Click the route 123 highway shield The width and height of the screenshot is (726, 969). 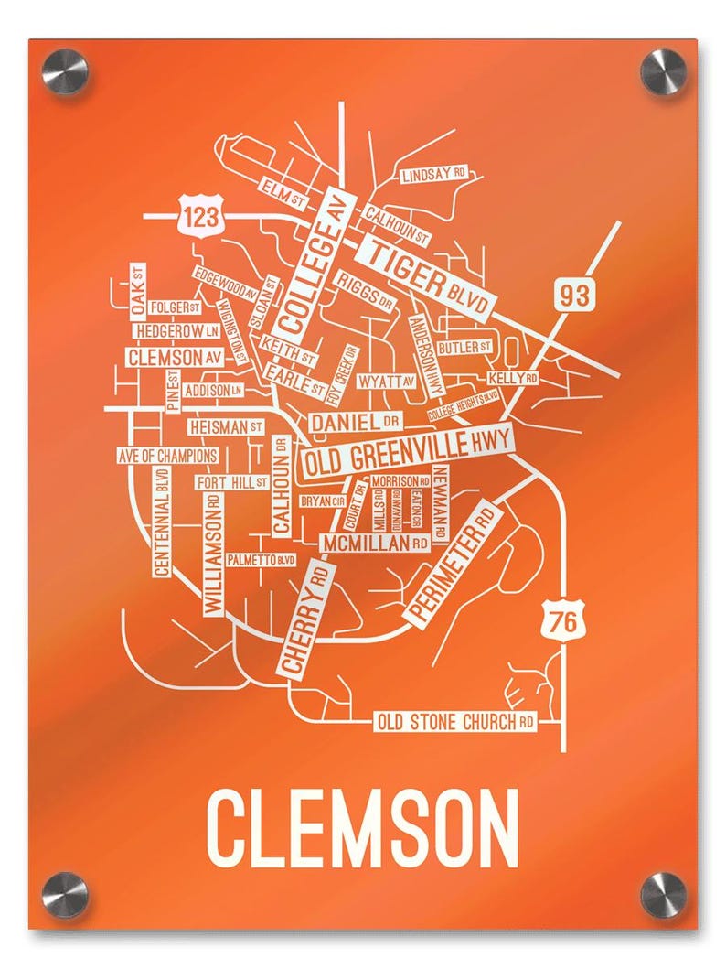tap(200, 217)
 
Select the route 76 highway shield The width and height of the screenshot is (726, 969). tap(563, 621)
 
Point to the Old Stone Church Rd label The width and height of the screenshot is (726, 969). tap(455, 722)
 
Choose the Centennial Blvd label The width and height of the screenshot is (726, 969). tap(162, 522)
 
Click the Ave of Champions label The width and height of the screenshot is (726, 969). tap(167, 455)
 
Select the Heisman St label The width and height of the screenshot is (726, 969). tap(226, 426)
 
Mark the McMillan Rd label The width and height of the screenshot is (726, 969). tap(374, 544)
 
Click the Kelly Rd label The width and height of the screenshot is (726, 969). tap(512, 377)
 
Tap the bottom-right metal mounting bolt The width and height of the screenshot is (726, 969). tap(663, 894)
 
